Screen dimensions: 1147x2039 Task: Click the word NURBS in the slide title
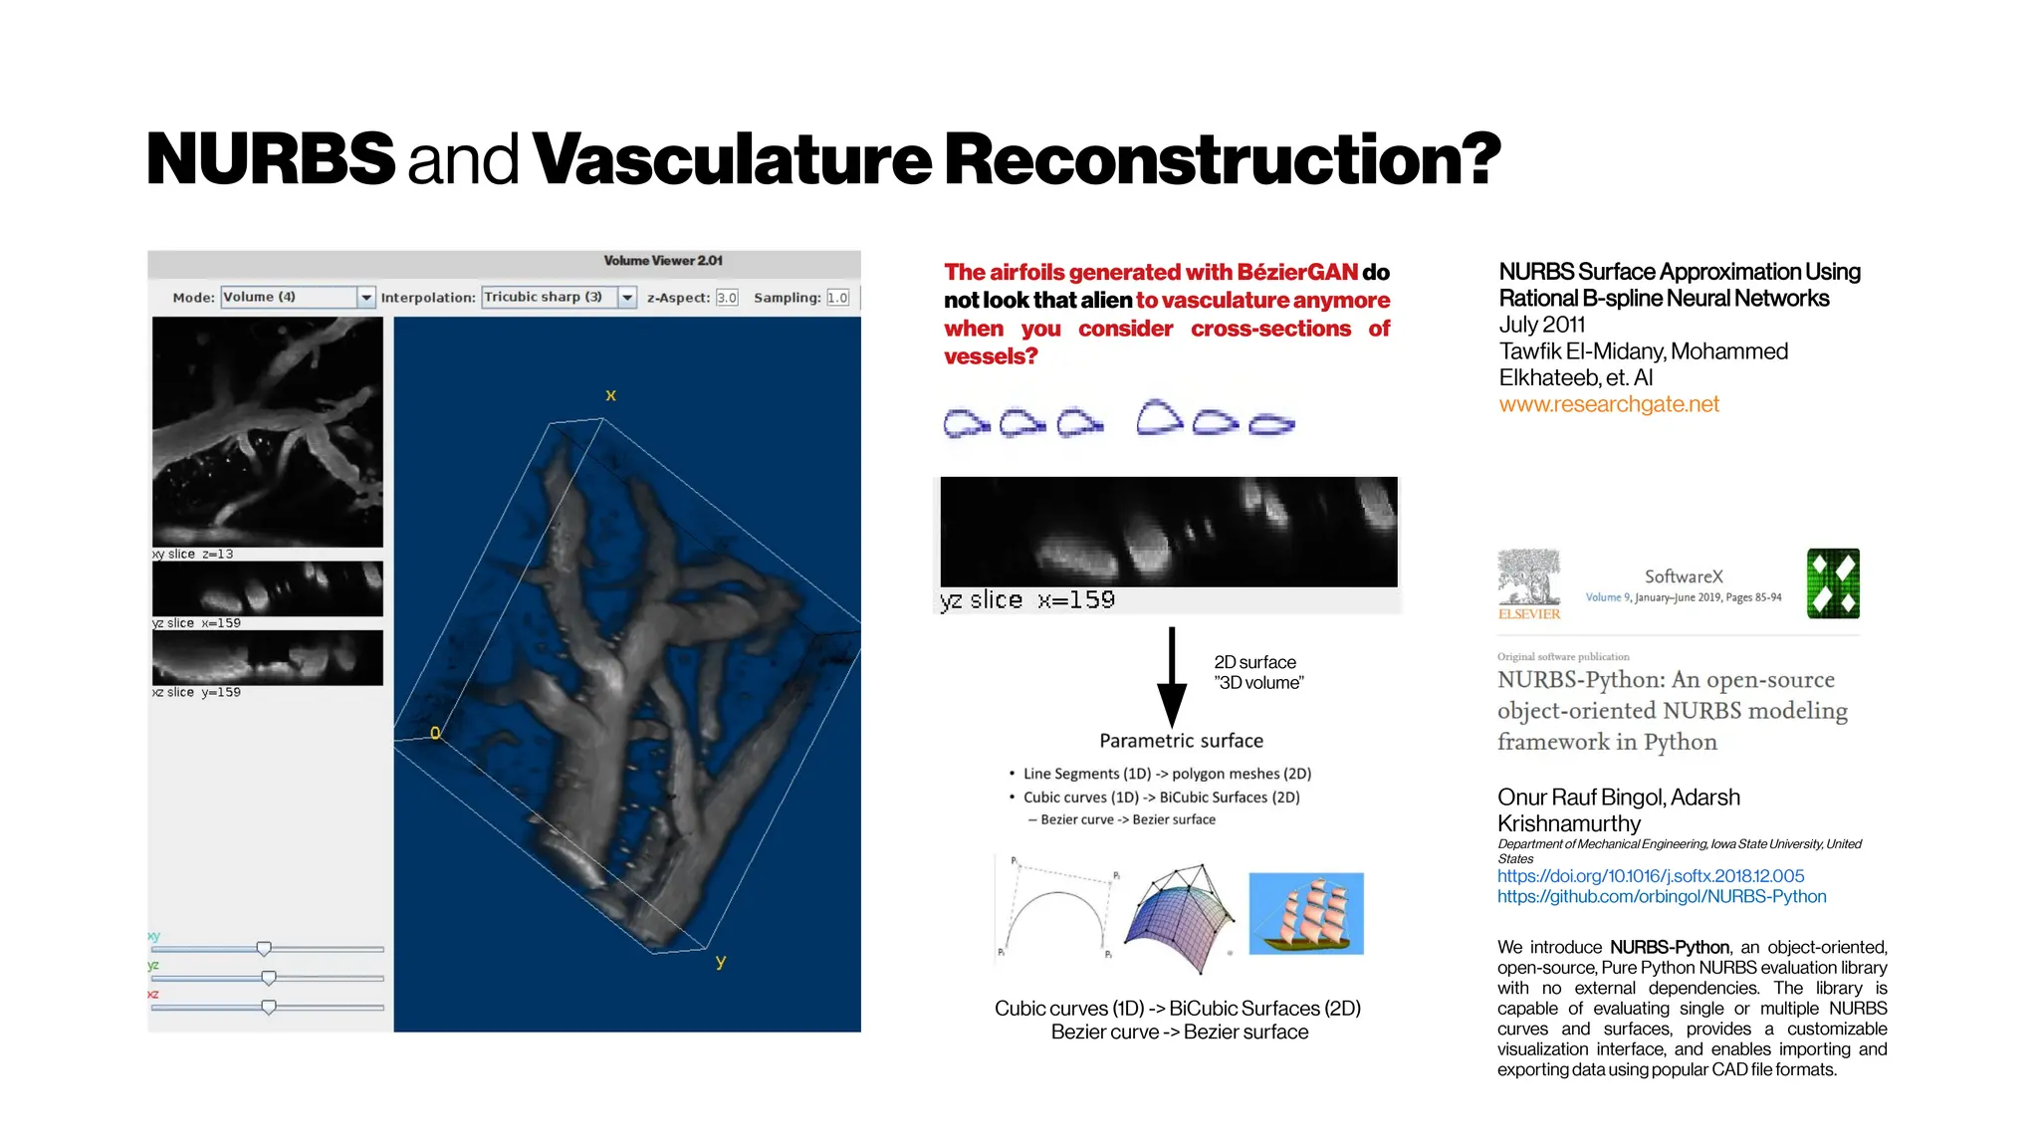[x=270, y=159]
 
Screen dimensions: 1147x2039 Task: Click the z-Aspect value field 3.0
[x=727, y=298]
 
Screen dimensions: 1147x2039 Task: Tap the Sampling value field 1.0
[x=837, y=298]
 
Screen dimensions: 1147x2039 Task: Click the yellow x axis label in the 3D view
[x=610, y=395]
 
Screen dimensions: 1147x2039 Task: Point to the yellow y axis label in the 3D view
[x=720, y=962]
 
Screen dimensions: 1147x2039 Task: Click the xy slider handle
[x=264, y=949]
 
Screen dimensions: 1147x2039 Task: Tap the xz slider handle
[x=269, y=1008]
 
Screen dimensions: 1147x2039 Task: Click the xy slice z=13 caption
[x=193, y=555]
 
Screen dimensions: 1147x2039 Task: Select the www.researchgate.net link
[x=1609, y=404]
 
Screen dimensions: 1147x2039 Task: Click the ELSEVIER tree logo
[x=1529, y=583]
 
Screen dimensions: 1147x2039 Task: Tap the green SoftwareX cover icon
[x=1833, y=583]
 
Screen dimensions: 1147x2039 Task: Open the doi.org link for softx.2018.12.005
[x=1650, y=876]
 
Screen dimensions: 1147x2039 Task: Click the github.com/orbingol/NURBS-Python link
[x=1661, y=897]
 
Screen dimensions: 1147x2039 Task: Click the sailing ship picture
[x=1305, y=914]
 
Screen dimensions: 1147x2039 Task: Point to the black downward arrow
[x=1172, y=677]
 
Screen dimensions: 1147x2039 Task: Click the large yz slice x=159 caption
[x=1027, y=600]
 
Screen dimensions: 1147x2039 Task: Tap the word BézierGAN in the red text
[x=1297, y=273]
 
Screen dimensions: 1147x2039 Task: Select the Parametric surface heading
[x=1181, y=741]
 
